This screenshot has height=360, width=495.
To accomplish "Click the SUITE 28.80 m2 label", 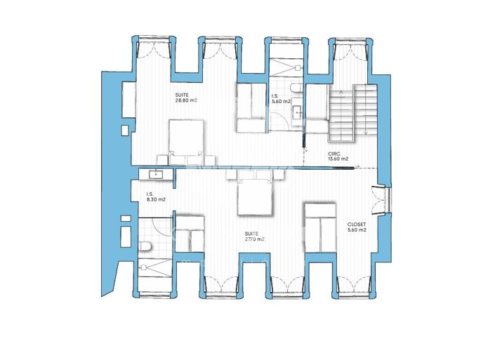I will pyautogui.click(x=185, y=97).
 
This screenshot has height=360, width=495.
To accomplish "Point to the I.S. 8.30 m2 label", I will pyautogui.click(x=156, y=197).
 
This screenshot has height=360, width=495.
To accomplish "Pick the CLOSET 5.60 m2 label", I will pyautogui.click(x=357, y=228).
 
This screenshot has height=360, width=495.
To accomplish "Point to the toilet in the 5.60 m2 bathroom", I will pyautogui.click(x=300, y=88).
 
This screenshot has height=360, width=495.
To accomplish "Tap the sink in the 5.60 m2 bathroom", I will pyautogui.click(x=298, y=112).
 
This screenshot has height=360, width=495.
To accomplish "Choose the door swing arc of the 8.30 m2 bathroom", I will pyautogui.click(x=161, y=228).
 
